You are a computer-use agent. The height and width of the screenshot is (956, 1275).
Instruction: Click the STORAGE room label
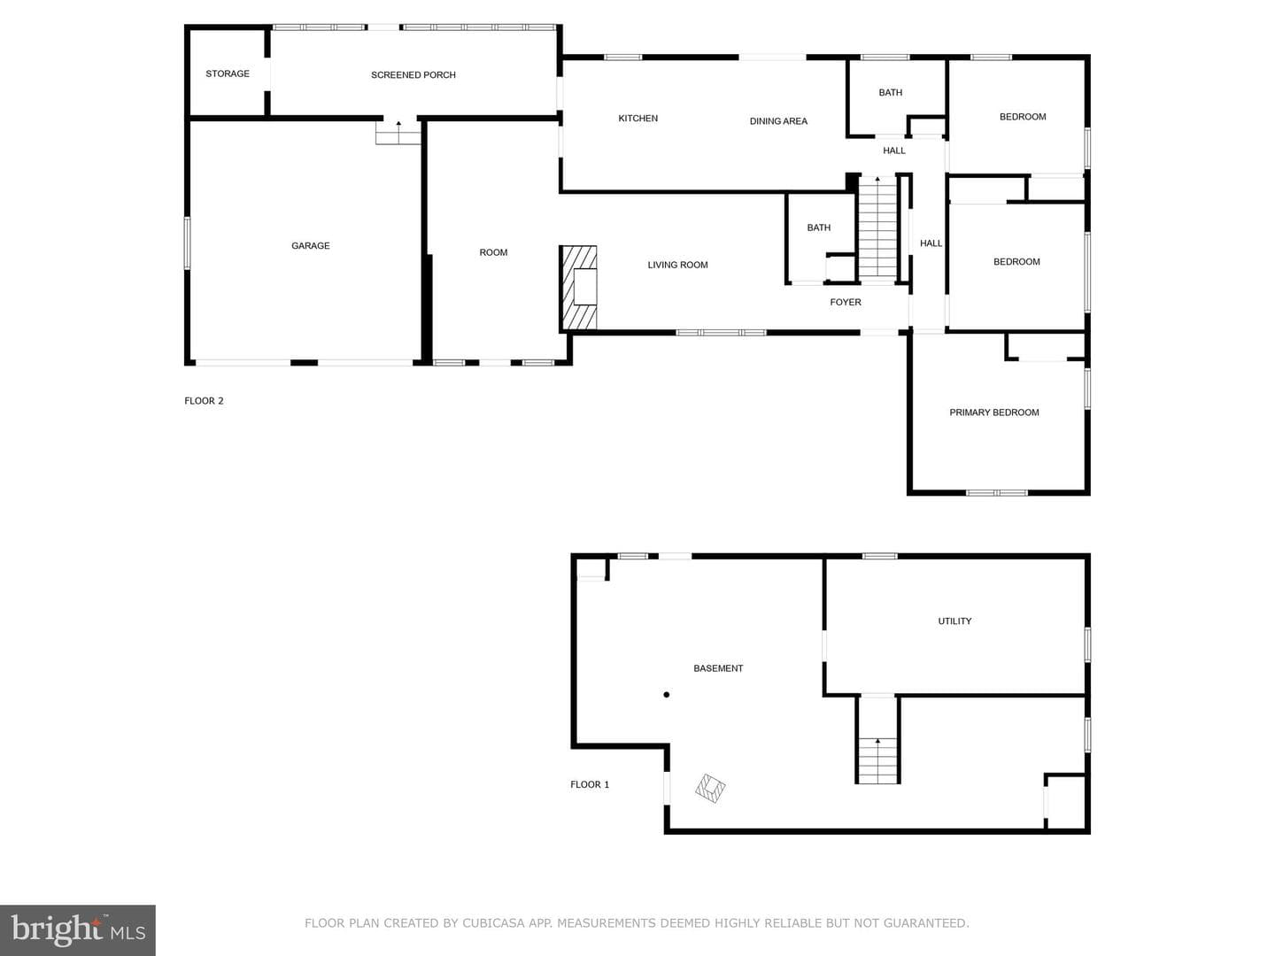pyautogui.click(x=228, y=73)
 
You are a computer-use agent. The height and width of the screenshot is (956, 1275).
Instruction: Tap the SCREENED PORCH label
pyautogui.click(x=413, y=75)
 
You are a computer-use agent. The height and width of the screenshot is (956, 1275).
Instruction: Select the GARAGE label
pyautogui.click(x=310, y=245)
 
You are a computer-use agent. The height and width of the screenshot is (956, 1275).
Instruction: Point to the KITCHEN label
pyautogui.click(x=637, y=119)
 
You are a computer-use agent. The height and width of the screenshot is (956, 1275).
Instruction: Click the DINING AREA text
pyautogui.click(x=778, y=121)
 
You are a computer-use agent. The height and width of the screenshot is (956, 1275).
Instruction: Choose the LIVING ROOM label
pyautogui.click(x=677, y=265)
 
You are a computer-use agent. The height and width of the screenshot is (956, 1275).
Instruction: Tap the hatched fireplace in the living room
pyautogui.click(x=578, y=288)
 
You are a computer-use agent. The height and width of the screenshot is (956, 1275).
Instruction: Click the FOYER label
pyautogui.click(x=846, y=302)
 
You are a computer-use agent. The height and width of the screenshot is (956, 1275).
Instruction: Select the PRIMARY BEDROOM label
pyautogui.click(x=993, y=412)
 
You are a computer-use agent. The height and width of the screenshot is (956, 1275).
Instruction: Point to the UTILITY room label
pyautogui.click(x=954, y=621)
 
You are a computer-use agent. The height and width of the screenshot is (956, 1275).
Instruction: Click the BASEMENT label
pyautogui.click(x=718, y=668)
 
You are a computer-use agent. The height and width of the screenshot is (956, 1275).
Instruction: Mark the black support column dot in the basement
pyautogui.click(x=666, y=695)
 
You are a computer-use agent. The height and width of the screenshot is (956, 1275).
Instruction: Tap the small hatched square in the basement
pyautogui.click(x=710, y=788)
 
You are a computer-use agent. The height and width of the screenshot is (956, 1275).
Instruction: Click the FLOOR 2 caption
pyautogui.click(x=204, y=400)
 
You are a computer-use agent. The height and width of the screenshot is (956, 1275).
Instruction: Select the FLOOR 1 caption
pyautogui.click(x=590, y=784)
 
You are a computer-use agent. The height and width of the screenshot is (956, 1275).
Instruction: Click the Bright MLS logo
pyautogui.click(x=78, y=929)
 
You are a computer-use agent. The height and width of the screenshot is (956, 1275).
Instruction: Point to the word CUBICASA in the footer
pyautogui.click(x=493, y=923)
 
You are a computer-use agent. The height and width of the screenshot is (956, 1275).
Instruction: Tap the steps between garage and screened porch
pyautogui.click(x=398, y=134)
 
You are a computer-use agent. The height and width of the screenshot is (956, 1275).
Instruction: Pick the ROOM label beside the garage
pyautogui.click(x=493, y=252)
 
